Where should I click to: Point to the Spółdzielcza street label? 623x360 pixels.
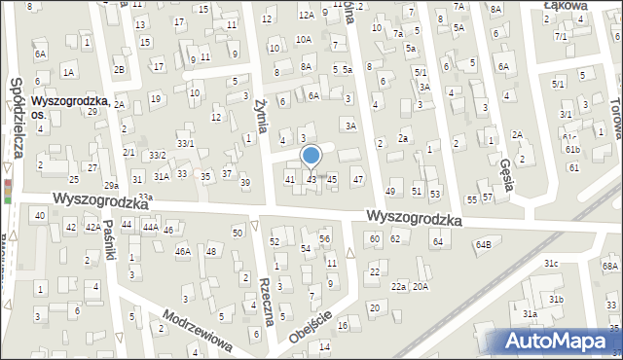(x=16, y=121)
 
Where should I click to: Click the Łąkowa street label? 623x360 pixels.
(x=568, y=5)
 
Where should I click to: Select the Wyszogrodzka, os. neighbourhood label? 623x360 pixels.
(x=66, y=106)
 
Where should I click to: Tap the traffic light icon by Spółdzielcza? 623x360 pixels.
(x=9, y=190)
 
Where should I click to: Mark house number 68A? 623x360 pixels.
(x=609, y=266)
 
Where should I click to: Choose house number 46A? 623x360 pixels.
(x=182, y=251)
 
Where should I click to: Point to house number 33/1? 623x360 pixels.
(x=185, y=144)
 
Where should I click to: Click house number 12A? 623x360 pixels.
(x=306, y=15)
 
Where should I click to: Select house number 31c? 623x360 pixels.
(x=551, y=264)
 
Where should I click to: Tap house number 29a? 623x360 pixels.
(x=112, y=185)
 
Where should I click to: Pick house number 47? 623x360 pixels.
(x=358, y=179)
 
